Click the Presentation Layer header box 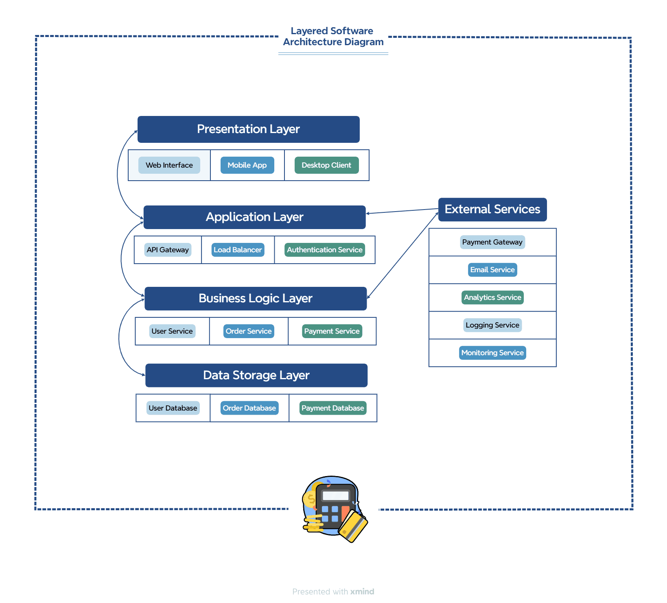(x=248, y=129)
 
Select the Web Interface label (x=169, y=165)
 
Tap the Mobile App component (x=247, y=165)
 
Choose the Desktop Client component (x=326, y=165)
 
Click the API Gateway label (x=168, y=250)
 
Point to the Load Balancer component (x=238, y=250)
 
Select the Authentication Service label (x=324, y=250)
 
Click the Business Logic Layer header (x=256, y=299)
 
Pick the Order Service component (x=249, y=331)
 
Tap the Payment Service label (x=332, y=331)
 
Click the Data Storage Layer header (x=256, y=375)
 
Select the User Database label (x=173, y=408)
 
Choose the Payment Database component (x=332, y=408)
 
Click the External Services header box (x=492, y=210)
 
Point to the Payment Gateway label (x=492, y=242)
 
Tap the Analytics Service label (x=492, y=297)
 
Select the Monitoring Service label (x=492, y=353)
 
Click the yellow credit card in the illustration (x=353, y=527)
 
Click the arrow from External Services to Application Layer (x=403, y=211)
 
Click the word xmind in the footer (x=362, y=592)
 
